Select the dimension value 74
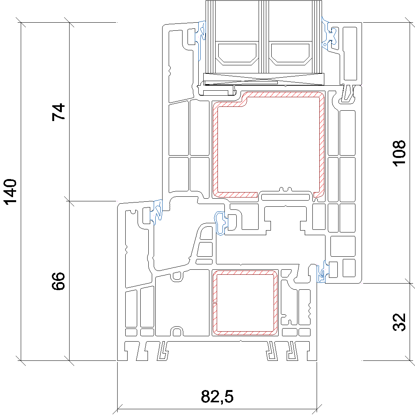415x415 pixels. (58, 112)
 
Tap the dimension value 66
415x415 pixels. (58, 281)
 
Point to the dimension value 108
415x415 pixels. (399, 153)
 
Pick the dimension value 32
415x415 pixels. (399, 322)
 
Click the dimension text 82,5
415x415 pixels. (217, 396)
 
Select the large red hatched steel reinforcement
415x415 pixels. (269, 144)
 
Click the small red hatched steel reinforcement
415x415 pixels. (245, 302)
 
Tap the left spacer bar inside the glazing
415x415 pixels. (237, 53)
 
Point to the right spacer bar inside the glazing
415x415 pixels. (290, 53)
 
